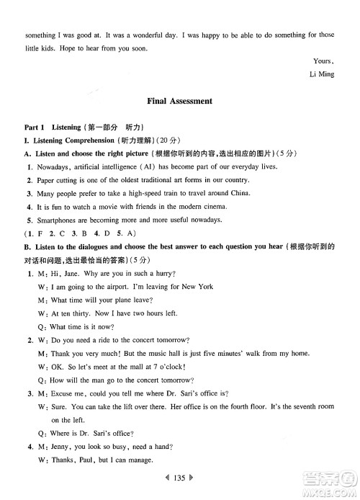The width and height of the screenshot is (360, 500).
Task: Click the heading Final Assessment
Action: [x=179, y=102]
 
